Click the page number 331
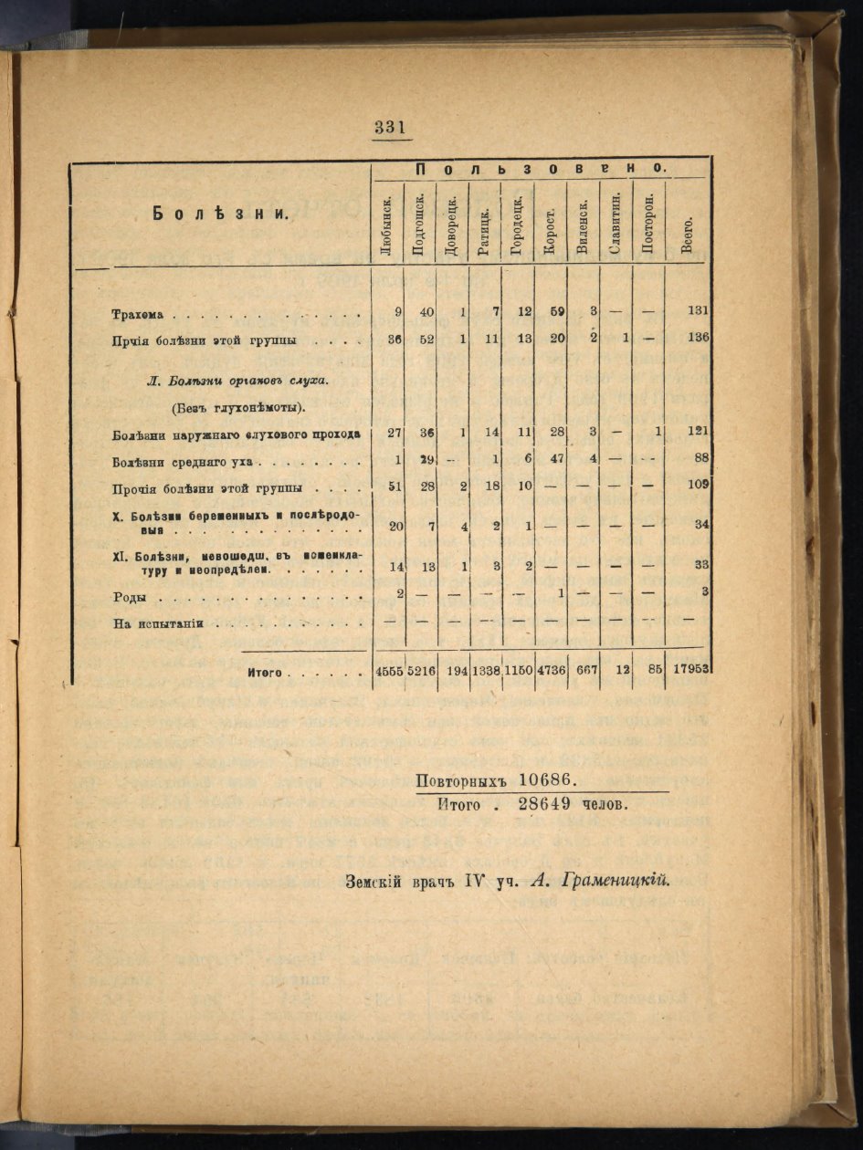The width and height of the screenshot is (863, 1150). (389, 128)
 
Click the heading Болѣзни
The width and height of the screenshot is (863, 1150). (220, 214)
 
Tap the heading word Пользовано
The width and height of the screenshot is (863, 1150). (540, 169)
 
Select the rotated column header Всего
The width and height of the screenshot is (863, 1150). (688, 234)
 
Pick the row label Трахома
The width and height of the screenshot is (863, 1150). (137, 315)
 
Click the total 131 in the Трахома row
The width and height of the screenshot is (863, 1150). (699, 312)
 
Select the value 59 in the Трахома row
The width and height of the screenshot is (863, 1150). (556, 312)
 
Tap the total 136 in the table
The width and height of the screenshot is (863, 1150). (699, 339)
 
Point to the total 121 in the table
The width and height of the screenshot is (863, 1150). (699, 431)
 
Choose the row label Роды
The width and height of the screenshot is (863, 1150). (130, 599)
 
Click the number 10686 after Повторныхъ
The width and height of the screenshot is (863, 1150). (544, 781)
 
